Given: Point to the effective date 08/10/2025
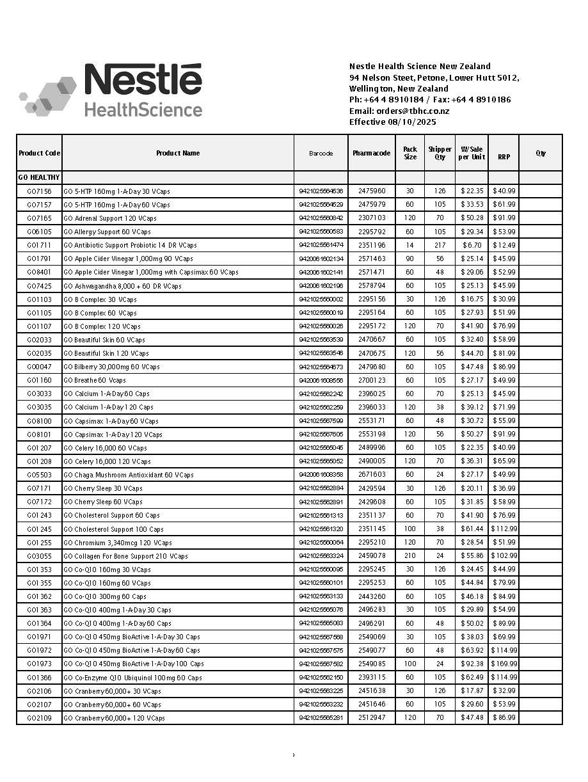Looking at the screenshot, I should point(412,122).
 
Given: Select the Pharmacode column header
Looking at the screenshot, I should point(371,153).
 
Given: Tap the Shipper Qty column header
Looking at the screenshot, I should point(440,153).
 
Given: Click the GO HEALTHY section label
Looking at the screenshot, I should point(39,177).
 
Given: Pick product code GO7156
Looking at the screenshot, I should point(39,191).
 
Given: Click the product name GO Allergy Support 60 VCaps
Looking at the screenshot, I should point(107,232).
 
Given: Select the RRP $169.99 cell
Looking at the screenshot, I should point(504,664).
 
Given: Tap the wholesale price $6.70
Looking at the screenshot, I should point(472,245).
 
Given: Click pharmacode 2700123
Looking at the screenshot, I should point(371,380).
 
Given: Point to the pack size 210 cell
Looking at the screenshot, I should point(409,556).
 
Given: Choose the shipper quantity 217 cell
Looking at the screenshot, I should point(440,245).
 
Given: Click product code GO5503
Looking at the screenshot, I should point(39,475).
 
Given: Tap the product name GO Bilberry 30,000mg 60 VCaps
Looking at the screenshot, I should point(112,367).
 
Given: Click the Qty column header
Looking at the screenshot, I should point(541,153).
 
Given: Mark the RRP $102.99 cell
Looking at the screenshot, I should point(504,556).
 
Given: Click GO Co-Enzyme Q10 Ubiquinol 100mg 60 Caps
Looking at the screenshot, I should point(132,678).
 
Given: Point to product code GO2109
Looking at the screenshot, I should point(39,718).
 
